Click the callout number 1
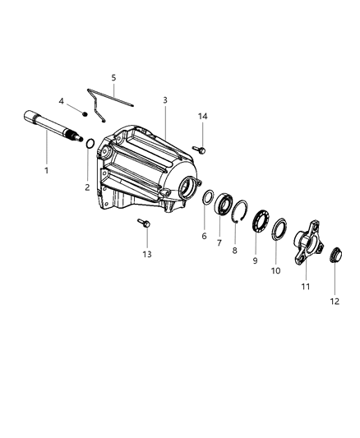point(47,170)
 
